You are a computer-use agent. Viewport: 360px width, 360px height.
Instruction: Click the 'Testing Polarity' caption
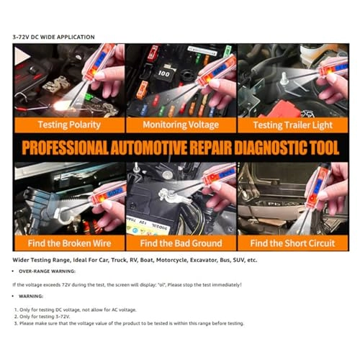(x=70, y=125)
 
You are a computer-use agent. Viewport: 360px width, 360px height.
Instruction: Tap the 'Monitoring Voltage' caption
(x=181, y=125)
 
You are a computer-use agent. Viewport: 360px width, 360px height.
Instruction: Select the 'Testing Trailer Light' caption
(x=293, y=125)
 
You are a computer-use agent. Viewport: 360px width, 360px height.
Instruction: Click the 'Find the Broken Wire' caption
(x=69, y=243)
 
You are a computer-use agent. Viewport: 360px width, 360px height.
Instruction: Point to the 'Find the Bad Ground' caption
(x=181, y=243)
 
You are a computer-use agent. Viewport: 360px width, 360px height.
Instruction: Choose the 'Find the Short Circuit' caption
(x=293, y=243)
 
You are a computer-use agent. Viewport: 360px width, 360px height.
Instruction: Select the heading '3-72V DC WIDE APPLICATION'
(x=53, y=37)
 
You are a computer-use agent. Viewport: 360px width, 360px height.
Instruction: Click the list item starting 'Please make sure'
(x=130, y=323)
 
